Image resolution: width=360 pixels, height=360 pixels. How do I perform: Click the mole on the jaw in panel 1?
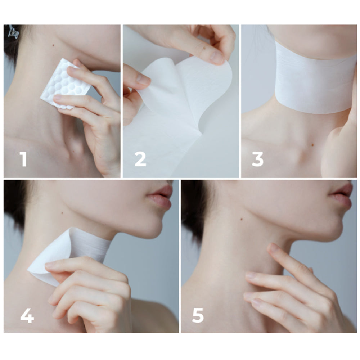pos(53,45)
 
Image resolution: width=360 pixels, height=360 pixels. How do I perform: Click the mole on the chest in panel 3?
pos(312,145)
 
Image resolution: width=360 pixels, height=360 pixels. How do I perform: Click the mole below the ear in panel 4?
pos(62,213)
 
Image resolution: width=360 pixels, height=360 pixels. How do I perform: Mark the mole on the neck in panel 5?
pos(241,219)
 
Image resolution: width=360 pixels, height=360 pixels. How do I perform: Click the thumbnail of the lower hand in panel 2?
pos(143,79)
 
